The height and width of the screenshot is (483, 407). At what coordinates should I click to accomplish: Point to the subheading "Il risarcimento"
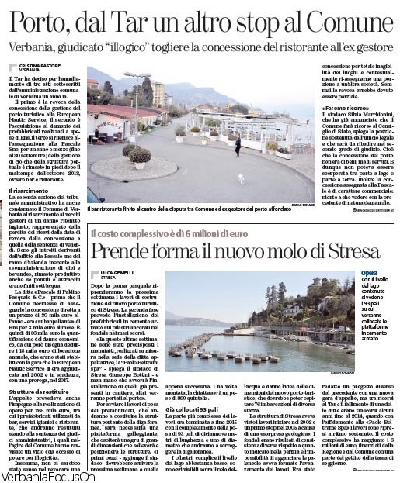32,190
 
